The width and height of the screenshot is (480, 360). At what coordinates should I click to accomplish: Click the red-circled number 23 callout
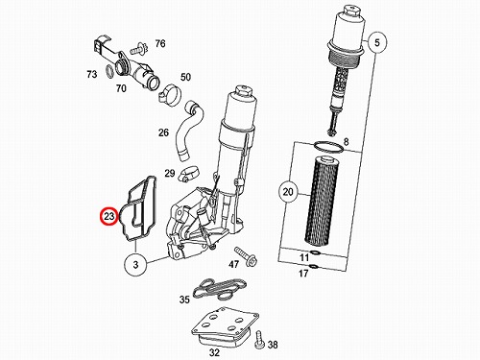pos(109,216)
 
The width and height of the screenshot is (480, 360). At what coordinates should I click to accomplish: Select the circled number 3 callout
pos(135,265)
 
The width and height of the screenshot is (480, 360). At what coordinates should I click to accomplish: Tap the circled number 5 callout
pos(377,42)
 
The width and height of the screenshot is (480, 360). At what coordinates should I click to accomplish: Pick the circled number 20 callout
pos(288,192)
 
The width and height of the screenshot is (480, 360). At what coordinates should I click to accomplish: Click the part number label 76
pos(160,43)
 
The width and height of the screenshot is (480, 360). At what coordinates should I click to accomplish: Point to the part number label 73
pos(92,74)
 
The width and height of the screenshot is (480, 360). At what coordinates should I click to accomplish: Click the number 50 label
pos(185,77)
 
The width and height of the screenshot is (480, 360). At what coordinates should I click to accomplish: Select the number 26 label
pos(163,132)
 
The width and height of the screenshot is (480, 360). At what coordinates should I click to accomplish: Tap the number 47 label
pos(233,264)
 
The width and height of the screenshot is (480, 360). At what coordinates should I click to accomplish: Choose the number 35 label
pos(184,300)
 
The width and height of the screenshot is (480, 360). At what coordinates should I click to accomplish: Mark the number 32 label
pos(214,352)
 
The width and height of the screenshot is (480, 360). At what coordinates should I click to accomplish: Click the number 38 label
pos(273,345)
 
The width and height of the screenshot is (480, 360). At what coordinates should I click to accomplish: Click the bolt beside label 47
pos(246,256)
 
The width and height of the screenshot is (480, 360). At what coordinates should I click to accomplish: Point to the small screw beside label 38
pos(258,340)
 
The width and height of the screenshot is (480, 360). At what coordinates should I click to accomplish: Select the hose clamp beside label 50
pos(170,93)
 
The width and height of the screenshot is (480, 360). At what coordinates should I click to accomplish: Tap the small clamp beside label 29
pos(188,173)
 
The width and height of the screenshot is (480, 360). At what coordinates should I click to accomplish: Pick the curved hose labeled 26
pos(190,130)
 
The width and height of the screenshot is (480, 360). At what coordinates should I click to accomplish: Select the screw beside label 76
pos(139,49)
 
